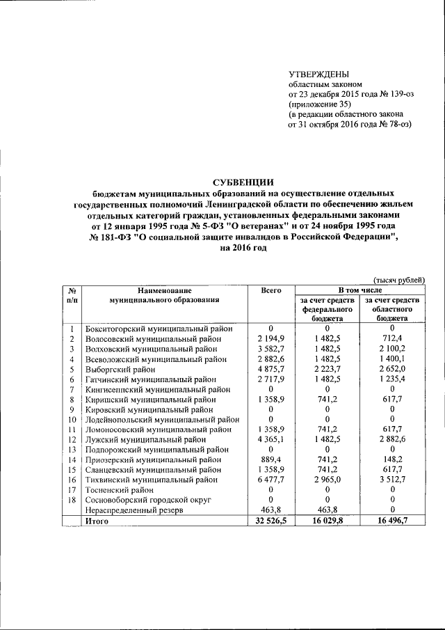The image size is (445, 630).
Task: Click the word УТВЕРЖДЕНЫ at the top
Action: coord(319,74)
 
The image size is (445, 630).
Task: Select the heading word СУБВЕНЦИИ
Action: coord(243,182)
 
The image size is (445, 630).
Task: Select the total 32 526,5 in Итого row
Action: coord(270,520)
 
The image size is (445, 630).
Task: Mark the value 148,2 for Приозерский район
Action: coord(394,459)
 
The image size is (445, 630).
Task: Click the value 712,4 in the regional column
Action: coord(394,339)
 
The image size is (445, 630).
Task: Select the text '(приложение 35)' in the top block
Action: coord(321,104)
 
